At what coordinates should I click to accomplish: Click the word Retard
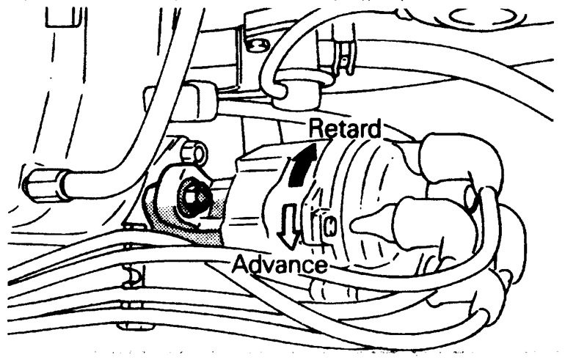click(x=346, y=129)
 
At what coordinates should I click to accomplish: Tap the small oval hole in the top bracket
click(x=254, y=48)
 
